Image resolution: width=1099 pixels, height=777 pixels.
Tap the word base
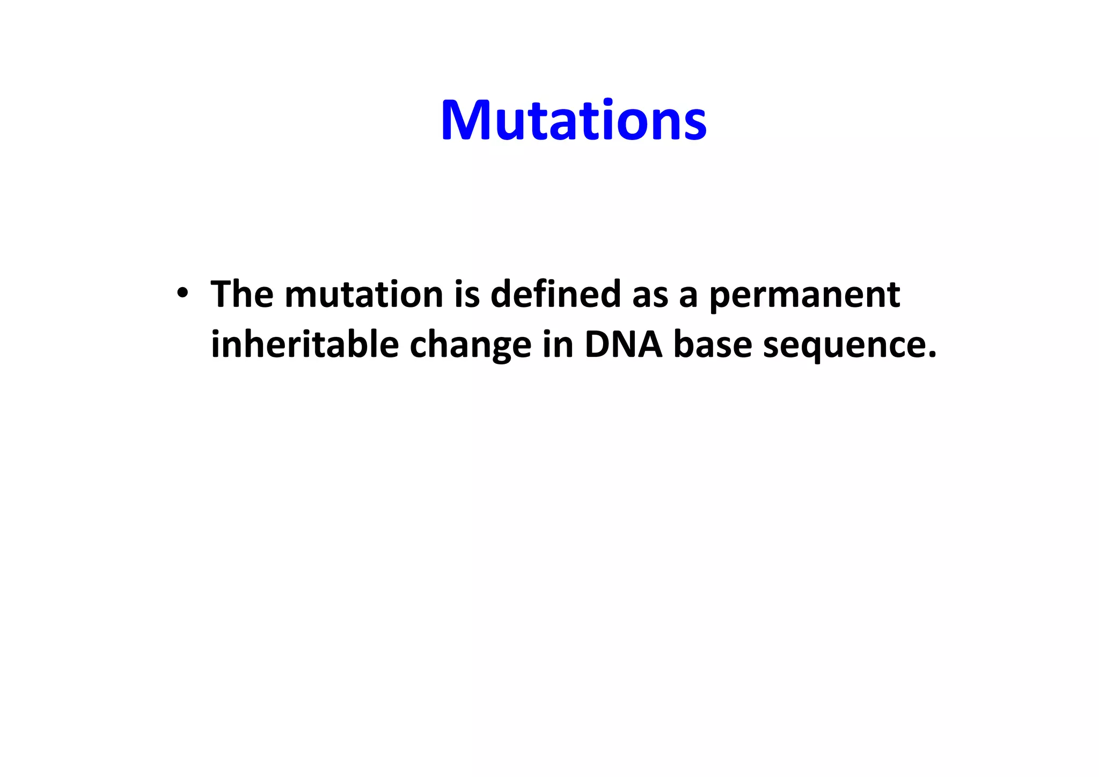click(x=712, y=344)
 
